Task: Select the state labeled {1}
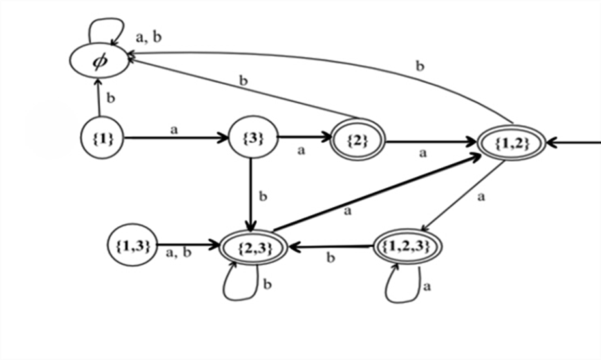click(102, 139)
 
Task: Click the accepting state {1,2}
click(510, 142)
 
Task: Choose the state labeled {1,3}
click(133, 245)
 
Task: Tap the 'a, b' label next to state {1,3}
click(178, 253)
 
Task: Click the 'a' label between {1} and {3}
click(175, 129)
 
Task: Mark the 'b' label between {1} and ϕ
click(111, 98)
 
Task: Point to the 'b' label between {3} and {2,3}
click(263, 196)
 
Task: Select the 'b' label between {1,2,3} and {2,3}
click(330, 258)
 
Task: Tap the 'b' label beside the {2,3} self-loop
click(267, 284)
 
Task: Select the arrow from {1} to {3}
click(176, 138)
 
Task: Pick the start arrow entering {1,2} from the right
click(574, 142)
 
